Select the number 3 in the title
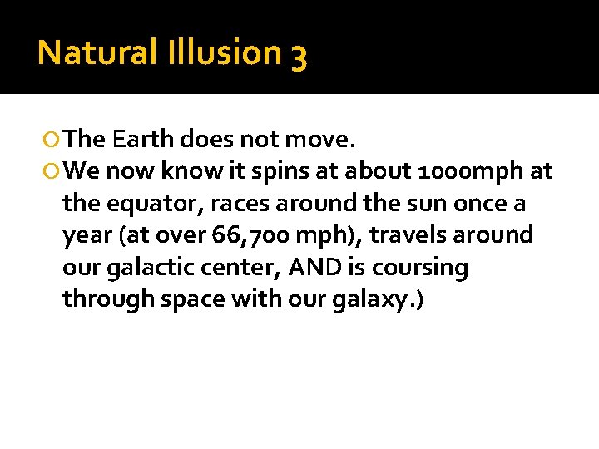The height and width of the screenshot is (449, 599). [299, 55]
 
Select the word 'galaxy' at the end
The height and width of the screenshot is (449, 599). [372, 300]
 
